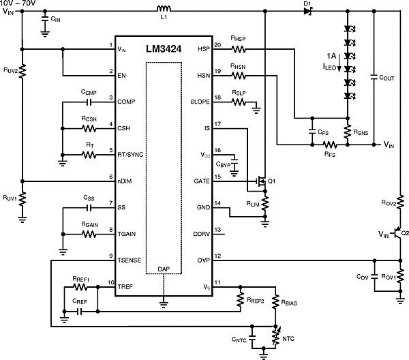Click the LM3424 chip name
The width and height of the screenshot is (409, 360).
163,50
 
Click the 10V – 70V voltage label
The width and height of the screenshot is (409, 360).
20,3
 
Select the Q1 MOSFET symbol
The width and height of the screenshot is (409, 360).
259,182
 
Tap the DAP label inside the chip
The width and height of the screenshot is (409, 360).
164,269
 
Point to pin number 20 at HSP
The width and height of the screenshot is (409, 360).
217,45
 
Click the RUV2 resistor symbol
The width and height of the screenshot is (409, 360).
22,71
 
